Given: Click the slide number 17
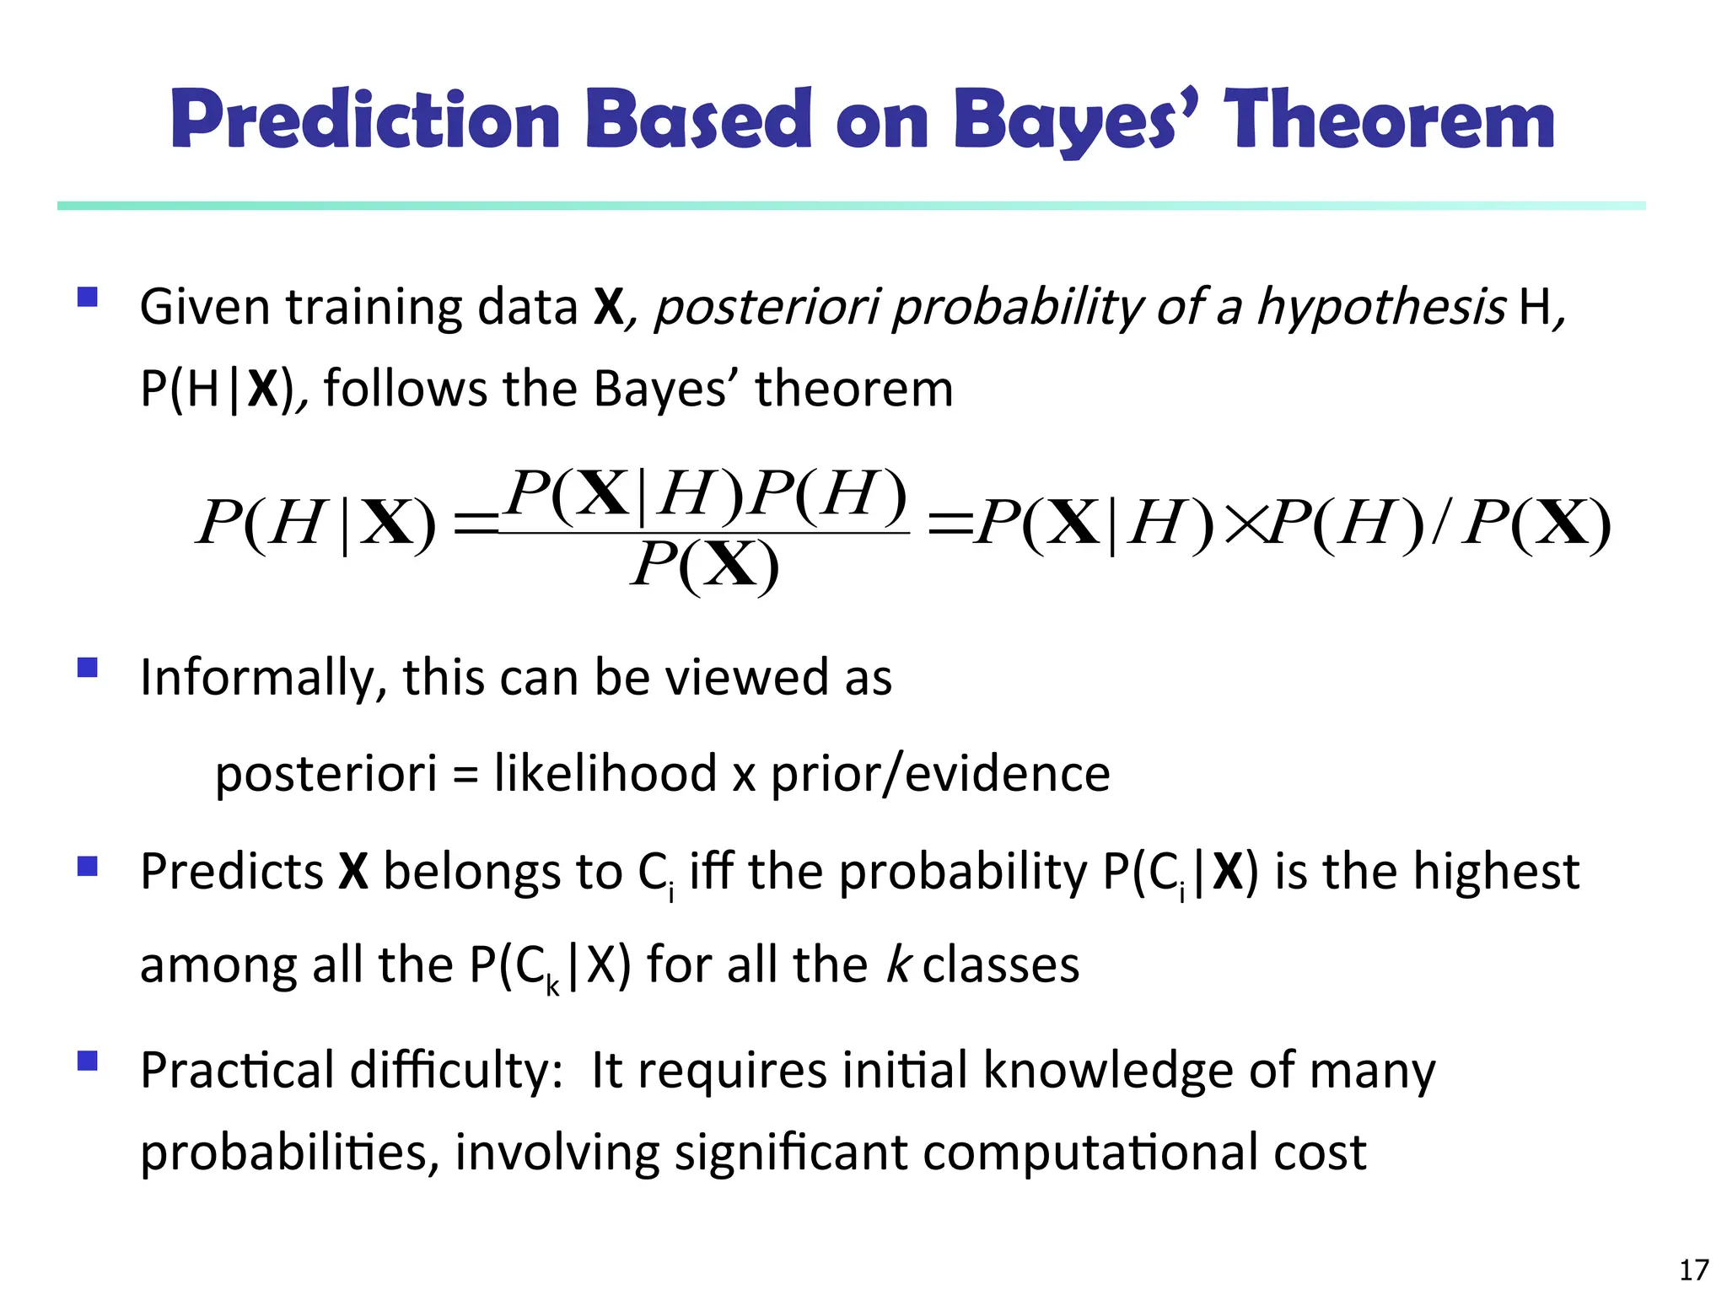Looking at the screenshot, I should point(1693,1270).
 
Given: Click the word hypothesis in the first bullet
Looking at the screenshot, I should point(1380,307).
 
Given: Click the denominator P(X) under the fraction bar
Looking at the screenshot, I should point(705,566).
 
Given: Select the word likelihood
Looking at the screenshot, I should point(605,773).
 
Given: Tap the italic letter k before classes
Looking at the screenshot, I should point(897,965).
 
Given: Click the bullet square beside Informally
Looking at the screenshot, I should point(88,669).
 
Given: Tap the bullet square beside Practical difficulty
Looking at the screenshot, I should point(88,1061).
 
